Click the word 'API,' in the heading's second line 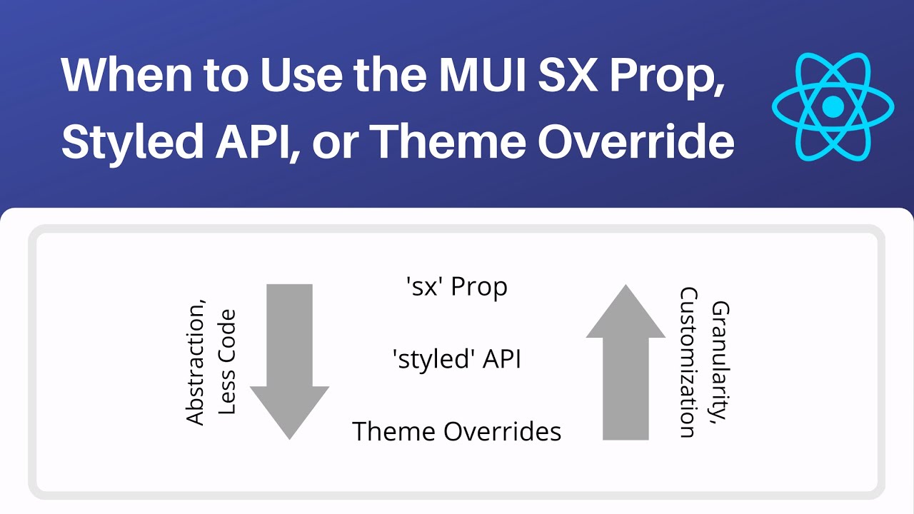click(263, 141)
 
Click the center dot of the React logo click(833, 108)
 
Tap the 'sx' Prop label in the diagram click(456, 287)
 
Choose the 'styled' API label click(456, 359)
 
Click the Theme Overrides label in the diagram click(456, 431)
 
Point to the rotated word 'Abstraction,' click(195, 365)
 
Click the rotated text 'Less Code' click(226, 362)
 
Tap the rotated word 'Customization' click(688, 362)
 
